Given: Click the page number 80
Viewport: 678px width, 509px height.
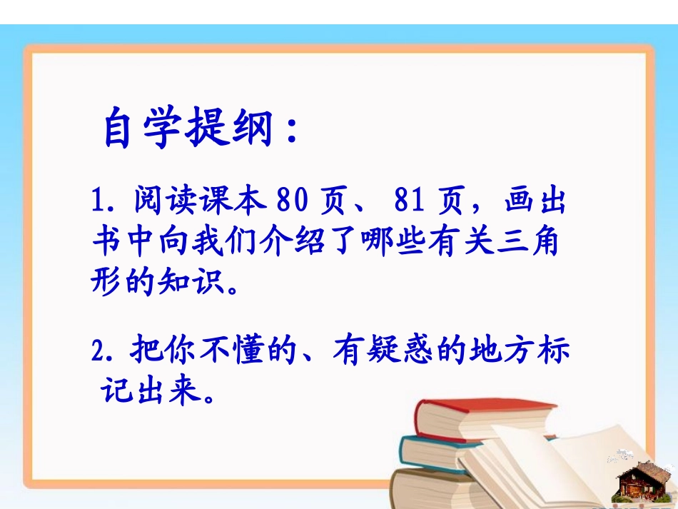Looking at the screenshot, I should (292, 203).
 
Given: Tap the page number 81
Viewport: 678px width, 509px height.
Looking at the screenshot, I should (410, 203).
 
